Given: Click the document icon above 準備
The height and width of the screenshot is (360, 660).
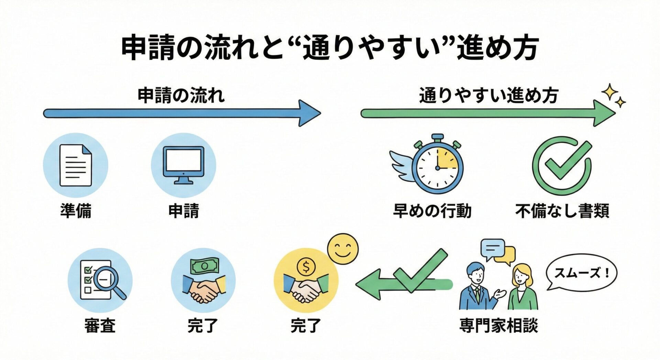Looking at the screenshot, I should (76, 165).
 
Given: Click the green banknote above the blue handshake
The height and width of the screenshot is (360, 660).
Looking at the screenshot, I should (205, 266).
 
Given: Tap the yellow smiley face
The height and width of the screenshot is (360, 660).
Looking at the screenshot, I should (342, 249).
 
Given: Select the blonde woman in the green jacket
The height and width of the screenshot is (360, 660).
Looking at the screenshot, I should (522, 287).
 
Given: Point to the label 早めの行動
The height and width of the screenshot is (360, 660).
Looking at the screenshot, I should (432, 210).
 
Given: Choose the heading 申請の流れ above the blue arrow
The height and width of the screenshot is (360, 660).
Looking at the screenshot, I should (181, 95).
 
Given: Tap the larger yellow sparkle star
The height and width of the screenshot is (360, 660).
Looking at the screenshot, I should (609, 91).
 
